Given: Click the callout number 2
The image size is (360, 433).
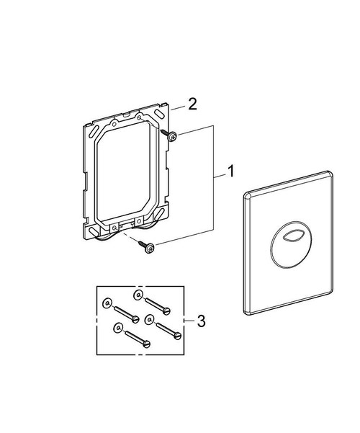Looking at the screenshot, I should pyautogui.click(x=192, y=104).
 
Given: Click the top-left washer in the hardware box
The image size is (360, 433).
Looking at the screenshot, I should pyautogui.click(x=107, y=304).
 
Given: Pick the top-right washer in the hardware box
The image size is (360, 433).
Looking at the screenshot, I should pyautogui.click(x=137, y=296).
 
